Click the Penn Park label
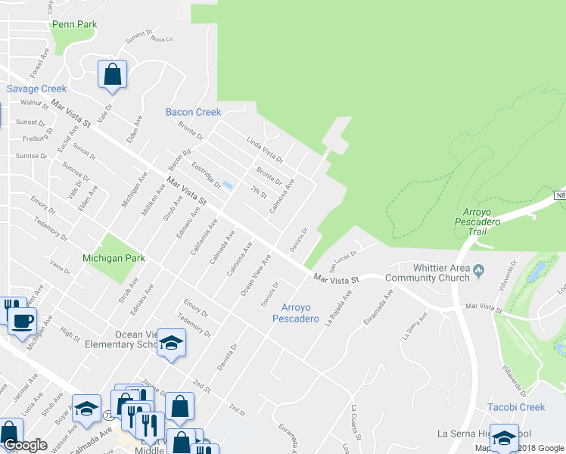pyautogui.click(x=74, y=24)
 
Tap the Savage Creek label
pyautogui.click(x=37, y=89)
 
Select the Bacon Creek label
pyautogui.click(x=193, y=112)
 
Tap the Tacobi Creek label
pyautogui.click(x=516, y=407)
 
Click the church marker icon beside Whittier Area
pyautogui.click(x=478, y=269)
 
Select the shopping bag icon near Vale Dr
pyautogui.click(x=112, y=75)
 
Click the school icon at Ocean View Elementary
pyautogui.click(x=172, y=344)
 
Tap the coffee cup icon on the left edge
pyautogui.click(x=21, y=320)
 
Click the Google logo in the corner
pyautogui.click(x=25, y=445)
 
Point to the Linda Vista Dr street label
pyautogui.click(x=264, y=149)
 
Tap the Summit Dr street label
pyautogui.click(x=139, y=34)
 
